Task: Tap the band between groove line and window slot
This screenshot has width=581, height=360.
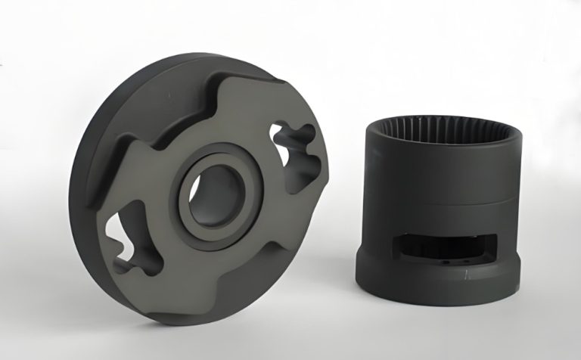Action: (424, 219)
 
